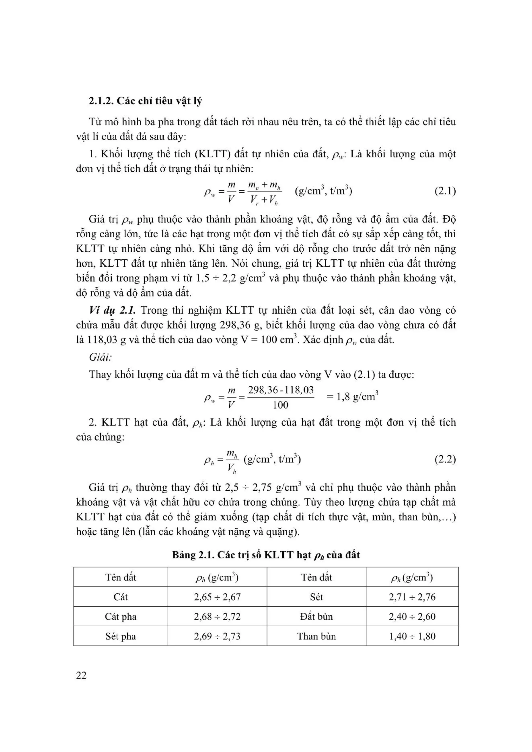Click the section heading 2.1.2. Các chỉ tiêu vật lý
pyautogui.click(x=145, y=100)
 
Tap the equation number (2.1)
pyautogui.click(x=445, y=191)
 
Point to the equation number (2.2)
pyautogui.click(x=445, y=459)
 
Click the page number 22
pyautogui.click(x=81, y=675)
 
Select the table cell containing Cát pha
pyautogui.click(x=121, y=616)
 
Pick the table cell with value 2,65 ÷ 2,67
pyautogui.click(x=217, y=597)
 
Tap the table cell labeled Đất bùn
pyautogui.click(x=316, y=616)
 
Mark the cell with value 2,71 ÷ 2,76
pyautogui.click(x=412, y=597)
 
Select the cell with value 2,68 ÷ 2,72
pyautogui.click(x=217, y=616)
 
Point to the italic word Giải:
pyautogui.click(x=101, y=357)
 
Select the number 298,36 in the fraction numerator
pyautogui.click(x=263, y=390)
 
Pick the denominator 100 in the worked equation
pyautogui.click(x=280, y=405)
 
